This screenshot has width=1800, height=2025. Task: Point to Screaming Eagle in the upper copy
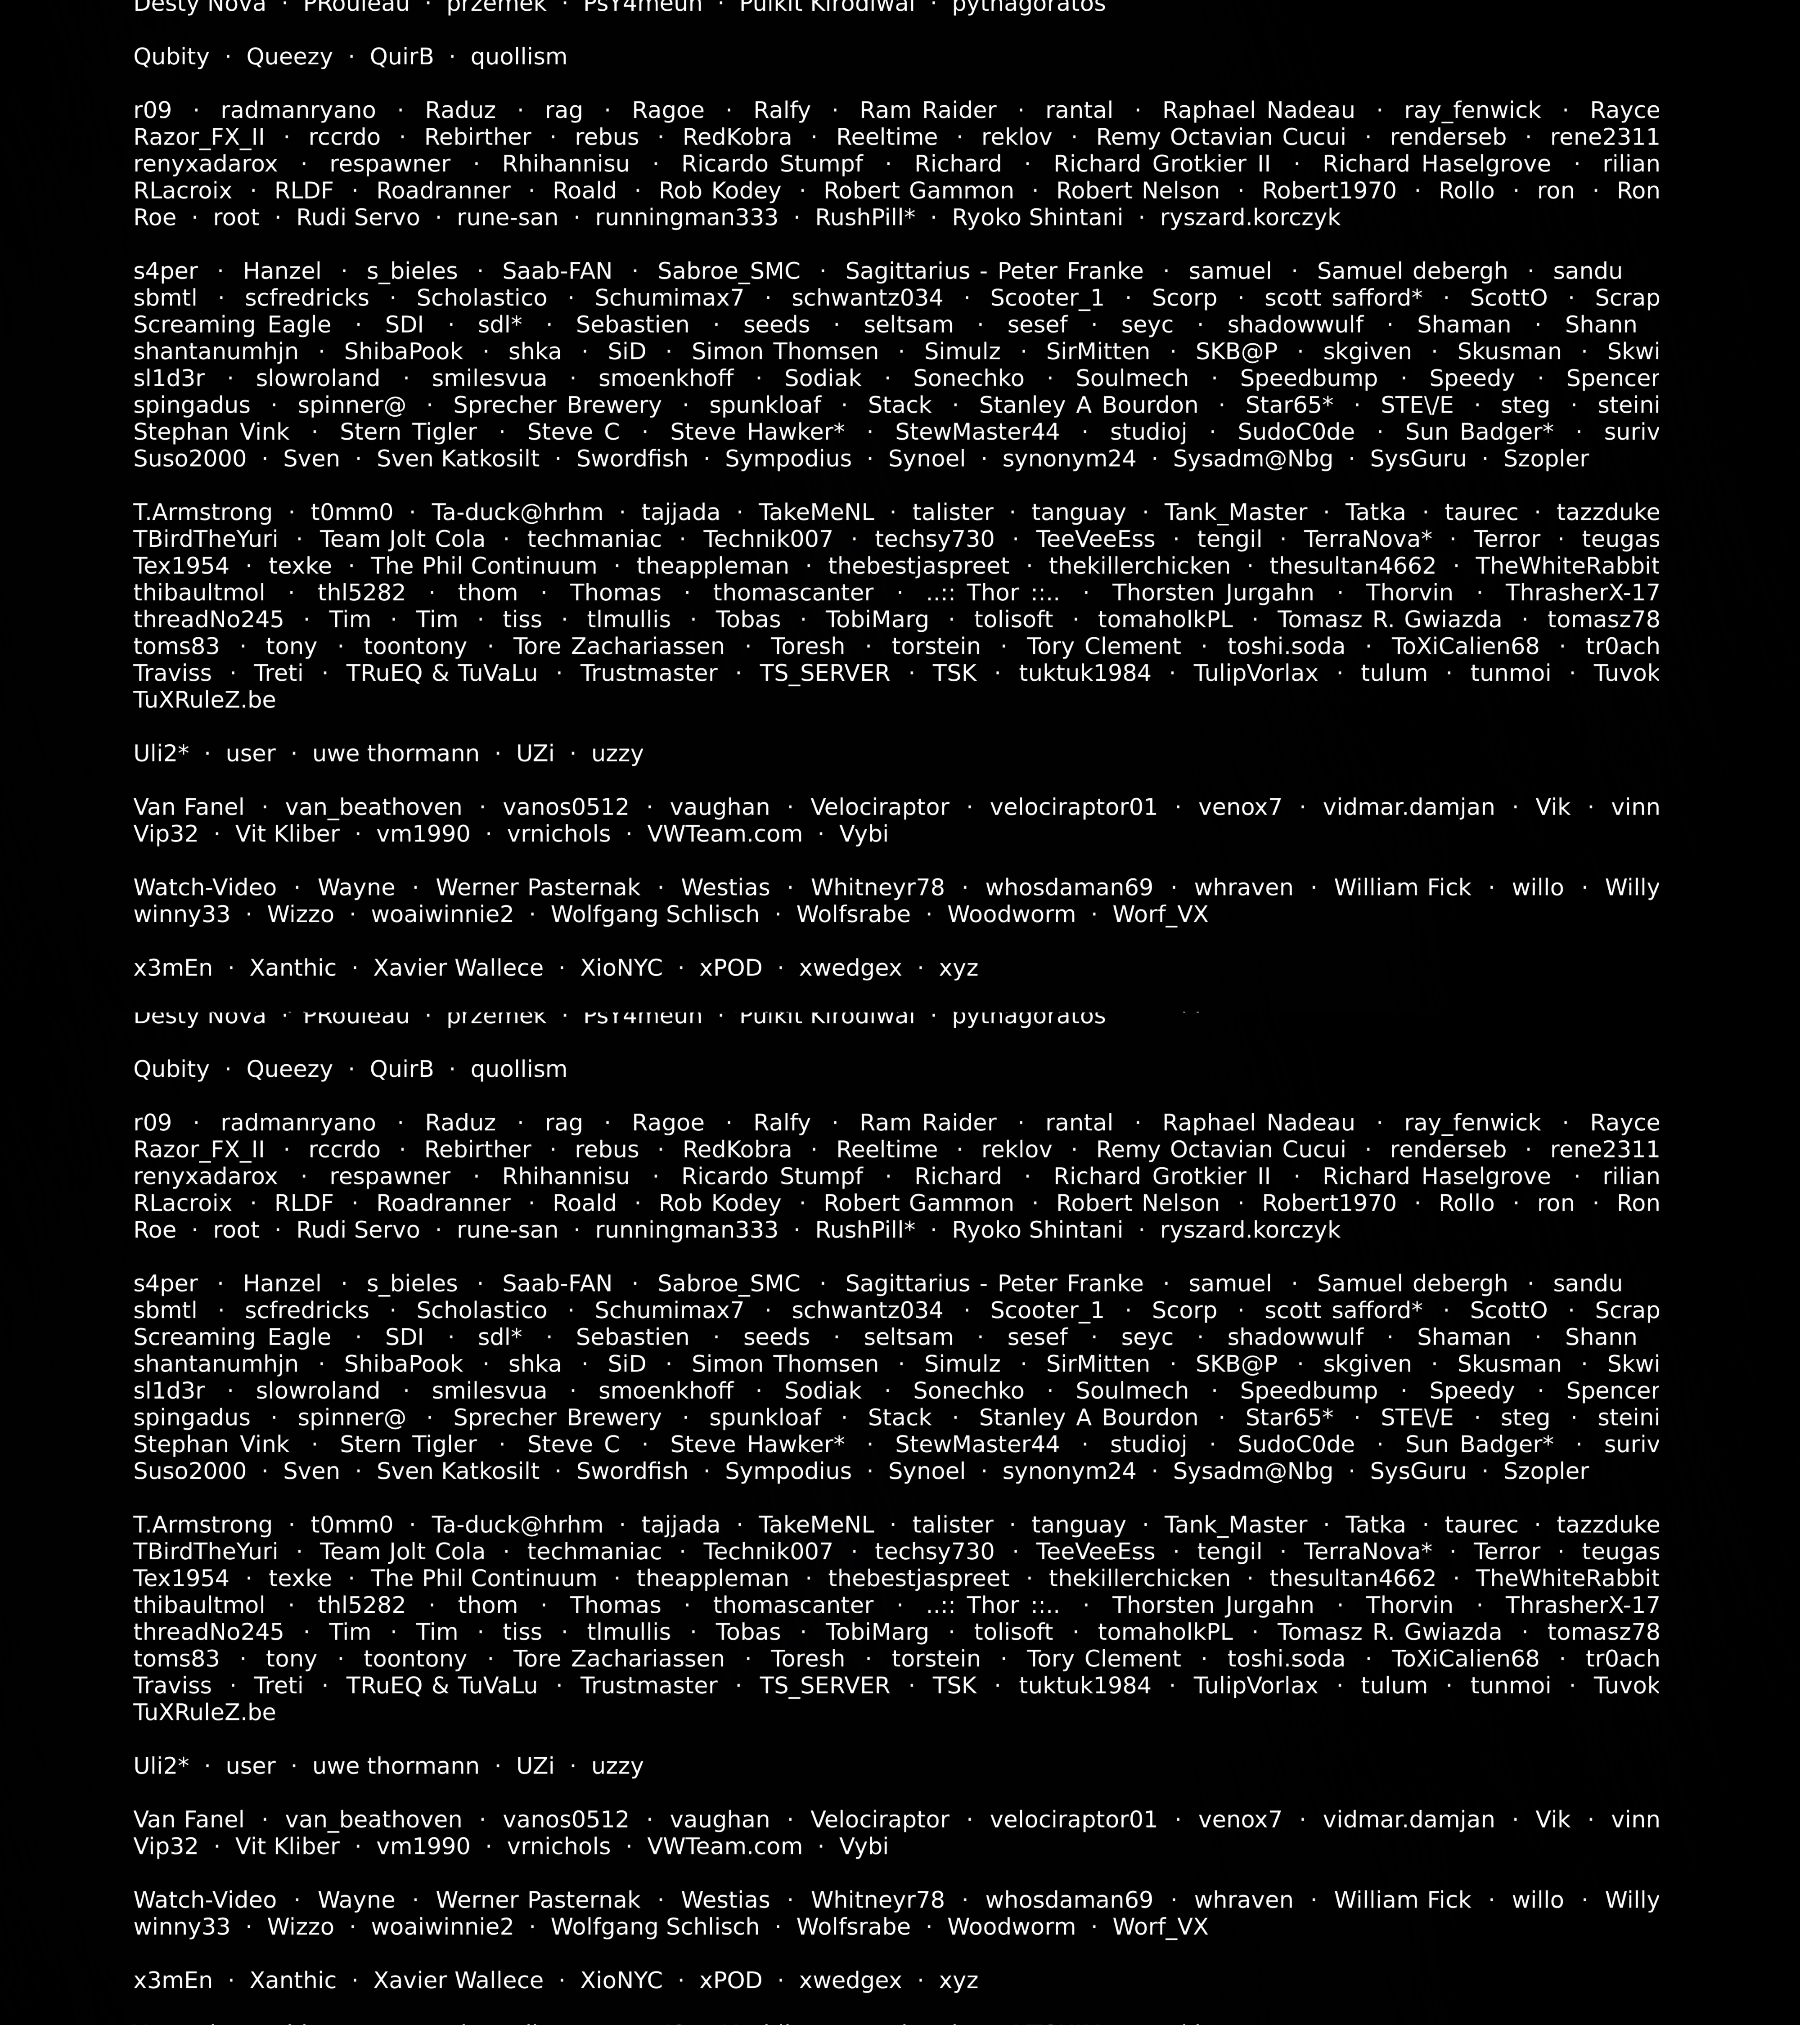click(232, 325)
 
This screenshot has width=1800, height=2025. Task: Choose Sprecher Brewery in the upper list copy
click(557, 405)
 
